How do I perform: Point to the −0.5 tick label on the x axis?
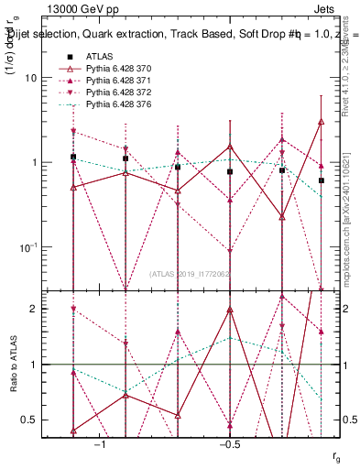point(227,444)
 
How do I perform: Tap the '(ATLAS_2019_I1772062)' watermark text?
point(191,273)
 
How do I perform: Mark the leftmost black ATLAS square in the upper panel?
point(73,157)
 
